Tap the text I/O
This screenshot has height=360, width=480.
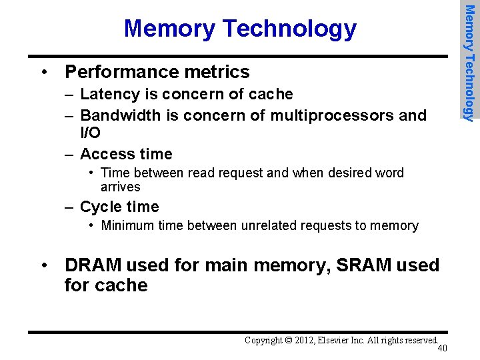[90, 133]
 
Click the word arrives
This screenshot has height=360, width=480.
[121, 187]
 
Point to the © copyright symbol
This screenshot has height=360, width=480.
[288, 341]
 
